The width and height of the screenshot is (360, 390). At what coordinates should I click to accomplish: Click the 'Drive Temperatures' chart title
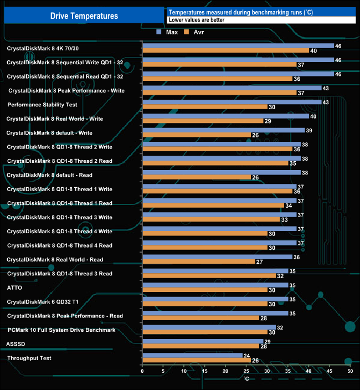84,16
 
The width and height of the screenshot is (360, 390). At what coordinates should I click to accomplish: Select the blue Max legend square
160,33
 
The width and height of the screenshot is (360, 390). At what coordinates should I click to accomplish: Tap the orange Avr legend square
187,33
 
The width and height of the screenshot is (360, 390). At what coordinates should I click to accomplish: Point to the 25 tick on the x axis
246,371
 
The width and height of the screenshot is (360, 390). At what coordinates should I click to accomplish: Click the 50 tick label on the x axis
350,371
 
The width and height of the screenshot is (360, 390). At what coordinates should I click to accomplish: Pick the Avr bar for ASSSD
200,346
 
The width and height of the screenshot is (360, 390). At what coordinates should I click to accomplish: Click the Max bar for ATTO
215,285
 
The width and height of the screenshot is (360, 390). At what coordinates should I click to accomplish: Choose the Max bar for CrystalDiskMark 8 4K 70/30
238,46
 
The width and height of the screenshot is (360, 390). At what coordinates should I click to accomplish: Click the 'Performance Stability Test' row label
42,104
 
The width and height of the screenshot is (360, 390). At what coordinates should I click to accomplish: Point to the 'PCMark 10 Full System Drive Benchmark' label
61,330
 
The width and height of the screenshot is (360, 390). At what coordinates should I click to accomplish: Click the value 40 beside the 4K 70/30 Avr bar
313,51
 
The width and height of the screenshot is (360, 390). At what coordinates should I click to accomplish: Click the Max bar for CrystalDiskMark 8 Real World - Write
225,116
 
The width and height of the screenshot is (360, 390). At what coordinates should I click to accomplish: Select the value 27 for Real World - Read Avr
259,262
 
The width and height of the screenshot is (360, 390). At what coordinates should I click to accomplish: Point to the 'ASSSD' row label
16,344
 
